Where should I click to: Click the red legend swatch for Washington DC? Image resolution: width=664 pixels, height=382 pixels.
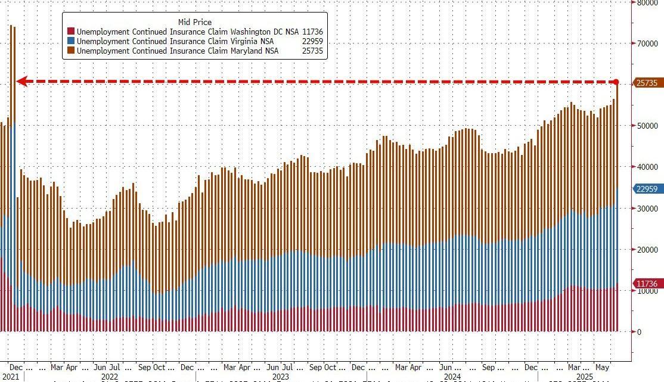click(71, 31)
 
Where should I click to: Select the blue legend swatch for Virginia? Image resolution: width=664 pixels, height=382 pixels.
click(71, 41)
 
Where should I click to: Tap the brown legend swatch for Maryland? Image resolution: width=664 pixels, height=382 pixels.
click(71, 51)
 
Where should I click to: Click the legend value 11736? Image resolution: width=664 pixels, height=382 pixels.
click(312, 31)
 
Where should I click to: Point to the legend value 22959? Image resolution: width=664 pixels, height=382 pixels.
click(312, 41)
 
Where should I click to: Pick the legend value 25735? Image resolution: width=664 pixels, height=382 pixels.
click(312, 51)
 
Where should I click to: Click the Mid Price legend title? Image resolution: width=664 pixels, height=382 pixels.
click(195, 22)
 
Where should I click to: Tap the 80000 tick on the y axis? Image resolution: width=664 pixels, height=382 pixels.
click(647, 2)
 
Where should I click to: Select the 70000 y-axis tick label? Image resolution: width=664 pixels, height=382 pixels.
click(647, 44)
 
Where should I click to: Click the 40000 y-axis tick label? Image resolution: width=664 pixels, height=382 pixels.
click(647, 167)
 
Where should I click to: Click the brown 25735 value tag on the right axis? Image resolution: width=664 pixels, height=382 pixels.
click(647, 83)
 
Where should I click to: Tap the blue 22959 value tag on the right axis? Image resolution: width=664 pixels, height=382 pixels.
click(647, 189)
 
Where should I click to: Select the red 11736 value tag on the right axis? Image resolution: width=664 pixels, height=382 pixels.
click(647, 284)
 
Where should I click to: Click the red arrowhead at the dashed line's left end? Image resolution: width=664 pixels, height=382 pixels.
click(21, 81)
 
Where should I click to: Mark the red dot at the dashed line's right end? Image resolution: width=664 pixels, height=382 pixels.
click(616, 82)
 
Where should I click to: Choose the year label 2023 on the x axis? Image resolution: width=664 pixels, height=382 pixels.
click(280, 377)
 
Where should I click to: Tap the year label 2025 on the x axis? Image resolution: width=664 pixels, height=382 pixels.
click(585, 377)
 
